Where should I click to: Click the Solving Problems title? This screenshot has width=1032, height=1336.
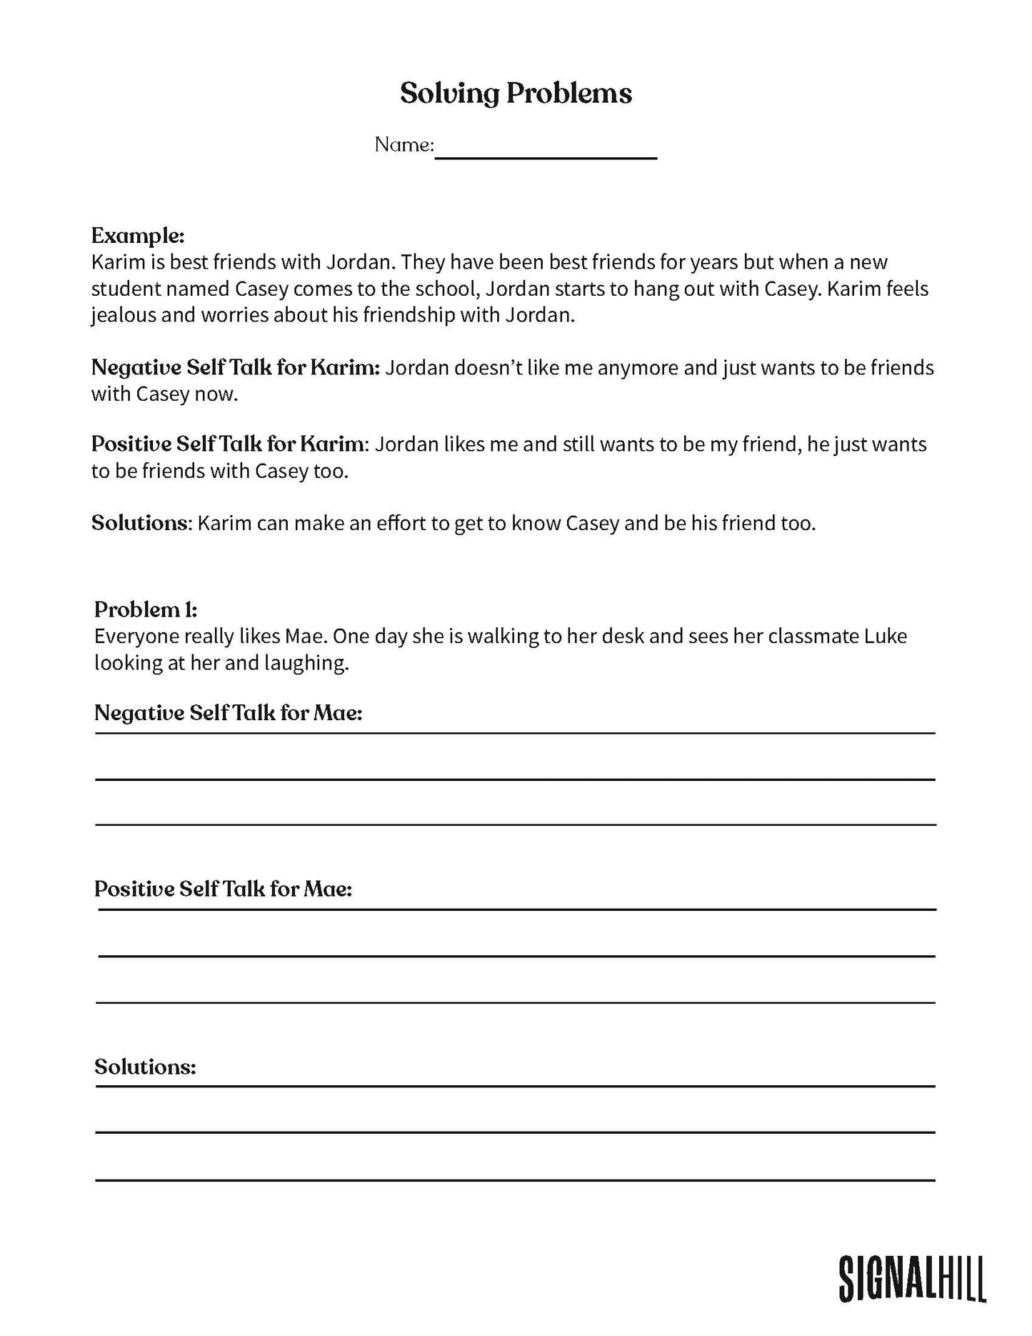(x=516, y=94)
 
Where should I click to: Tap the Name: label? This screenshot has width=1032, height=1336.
(x=404, y=145)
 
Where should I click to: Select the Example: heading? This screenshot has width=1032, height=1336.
(x=138, y=235)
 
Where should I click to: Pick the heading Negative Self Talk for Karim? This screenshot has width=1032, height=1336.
(x=236, y=368)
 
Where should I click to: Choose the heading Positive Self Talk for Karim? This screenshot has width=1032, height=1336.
(x=228, y=444)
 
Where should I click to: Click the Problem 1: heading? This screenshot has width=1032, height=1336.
(x=146, y=609)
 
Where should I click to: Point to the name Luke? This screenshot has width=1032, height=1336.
(x=886, y=636)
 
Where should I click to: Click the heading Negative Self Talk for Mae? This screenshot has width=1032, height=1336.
(x=229, y=713)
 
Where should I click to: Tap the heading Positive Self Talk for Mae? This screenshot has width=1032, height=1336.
(x=224, y=889)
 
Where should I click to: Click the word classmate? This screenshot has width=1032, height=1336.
(x=811, y=636)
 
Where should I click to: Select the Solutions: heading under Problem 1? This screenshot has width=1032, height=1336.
(x=145, y=1067)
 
